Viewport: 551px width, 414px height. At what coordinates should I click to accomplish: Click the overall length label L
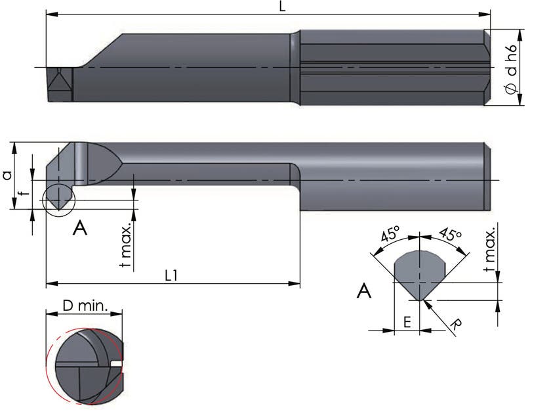(x=282, y=7)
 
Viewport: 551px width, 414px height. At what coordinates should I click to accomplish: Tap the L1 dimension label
(x=171, y=275)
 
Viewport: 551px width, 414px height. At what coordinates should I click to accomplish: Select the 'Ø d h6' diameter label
(x=512, y=69)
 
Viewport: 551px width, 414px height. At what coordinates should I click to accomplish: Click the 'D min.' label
(x=85, y=306)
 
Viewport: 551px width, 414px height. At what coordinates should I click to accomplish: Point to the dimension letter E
(x=407, y=322)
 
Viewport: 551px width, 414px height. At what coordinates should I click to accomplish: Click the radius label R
(x=457, y=324)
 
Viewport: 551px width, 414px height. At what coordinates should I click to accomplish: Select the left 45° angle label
(x=390, y=234)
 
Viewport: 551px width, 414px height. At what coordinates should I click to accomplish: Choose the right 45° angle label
(x=450, y=234)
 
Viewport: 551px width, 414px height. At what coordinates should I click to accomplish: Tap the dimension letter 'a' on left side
(x=7, y=175)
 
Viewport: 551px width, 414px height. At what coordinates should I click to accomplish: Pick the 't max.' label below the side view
(x=126, y=245)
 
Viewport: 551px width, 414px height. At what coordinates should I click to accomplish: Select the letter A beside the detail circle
(x=80, y=228)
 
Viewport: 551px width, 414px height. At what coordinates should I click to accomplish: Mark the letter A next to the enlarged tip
(x=364, y=291)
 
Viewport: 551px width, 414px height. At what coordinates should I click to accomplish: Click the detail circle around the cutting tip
(x=58, y=200)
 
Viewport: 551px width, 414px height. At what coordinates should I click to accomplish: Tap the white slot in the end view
(x=116, y=363)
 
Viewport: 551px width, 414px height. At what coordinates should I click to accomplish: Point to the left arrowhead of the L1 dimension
(x=51, y=283)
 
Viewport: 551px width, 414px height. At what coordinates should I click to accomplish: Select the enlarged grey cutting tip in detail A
(x=420, y=275)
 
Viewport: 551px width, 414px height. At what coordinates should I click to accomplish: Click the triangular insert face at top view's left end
(x=60, y=85)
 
